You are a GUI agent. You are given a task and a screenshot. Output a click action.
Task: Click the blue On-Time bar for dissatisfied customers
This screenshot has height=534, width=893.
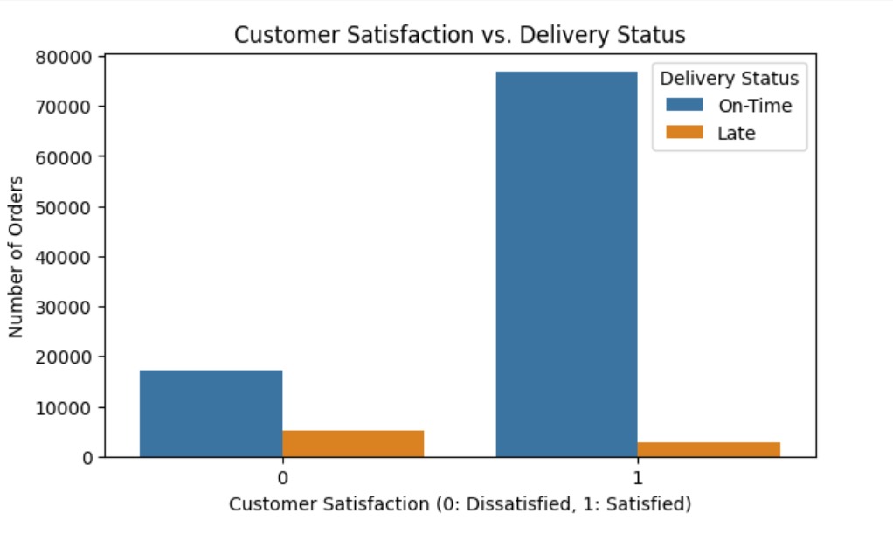tap(211, 413)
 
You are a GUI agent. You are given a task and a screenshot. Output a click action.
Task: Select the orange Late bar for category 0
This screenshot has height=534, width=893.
tap(353, 444)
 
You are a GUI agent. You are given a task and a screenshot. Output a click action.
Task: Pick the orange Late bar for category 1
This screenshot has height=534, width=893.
tap(709, 449)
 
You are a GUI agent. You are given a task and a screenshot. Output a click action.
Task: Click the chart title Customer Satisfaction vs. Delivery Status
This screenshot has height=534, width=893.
tap(460, 36)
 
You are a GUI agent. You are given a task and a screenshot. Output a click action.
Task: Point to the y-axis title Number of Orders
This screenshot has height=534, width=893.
tap(17, 257)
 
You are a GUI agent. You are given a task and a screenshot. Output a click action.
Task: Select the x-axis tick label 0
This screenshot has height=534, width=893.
tap(282, 478)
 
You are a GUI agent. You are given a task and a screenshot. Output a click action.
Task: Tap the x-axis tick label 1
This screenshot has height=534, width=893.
tap(638, 478)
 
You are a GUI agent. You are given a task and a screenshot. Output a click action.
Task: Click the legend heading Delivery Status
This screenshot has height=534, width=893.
tap(729, 79)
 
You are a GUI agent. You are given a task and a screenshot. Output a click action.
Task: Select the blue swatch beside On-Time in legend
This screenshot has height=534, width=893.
tap(684, 106)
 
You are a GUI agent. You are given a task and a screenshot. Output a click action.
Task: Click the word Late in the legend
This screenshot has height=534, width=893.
tap(736, 133)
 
